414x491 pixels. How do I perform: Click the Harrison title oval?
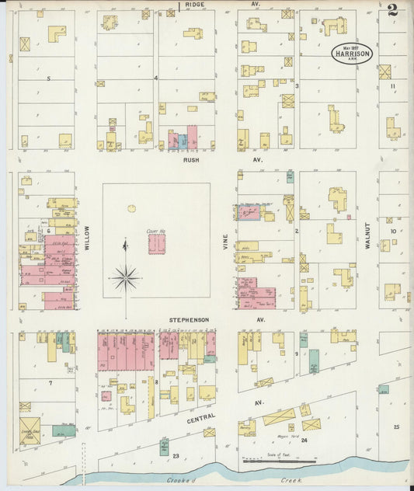(352, 54)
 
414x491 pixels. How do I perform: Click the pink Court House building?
(156, 244)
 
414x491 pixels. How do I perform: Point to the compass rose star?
(125, 276)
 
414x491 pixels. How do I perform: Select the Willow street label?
(88, 236)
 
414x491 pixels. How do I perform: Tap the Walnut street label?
(367, 235)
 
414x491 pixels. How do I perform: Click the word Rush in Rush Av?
(192, 159)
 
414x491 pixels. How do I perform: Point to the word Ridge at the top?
(195, 5)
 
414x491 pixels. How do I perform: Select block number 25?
(396, 427)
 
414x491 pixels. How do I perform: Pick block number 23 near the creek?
(176, 456)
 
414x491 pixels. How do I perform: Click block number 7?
(50, 383)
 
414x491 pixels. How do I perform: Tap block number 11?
(394, 85)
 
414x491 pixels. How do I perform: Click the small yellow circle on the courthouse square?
(131, 208)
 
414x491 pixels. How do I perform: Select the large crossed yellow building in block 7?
(30, 430)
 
